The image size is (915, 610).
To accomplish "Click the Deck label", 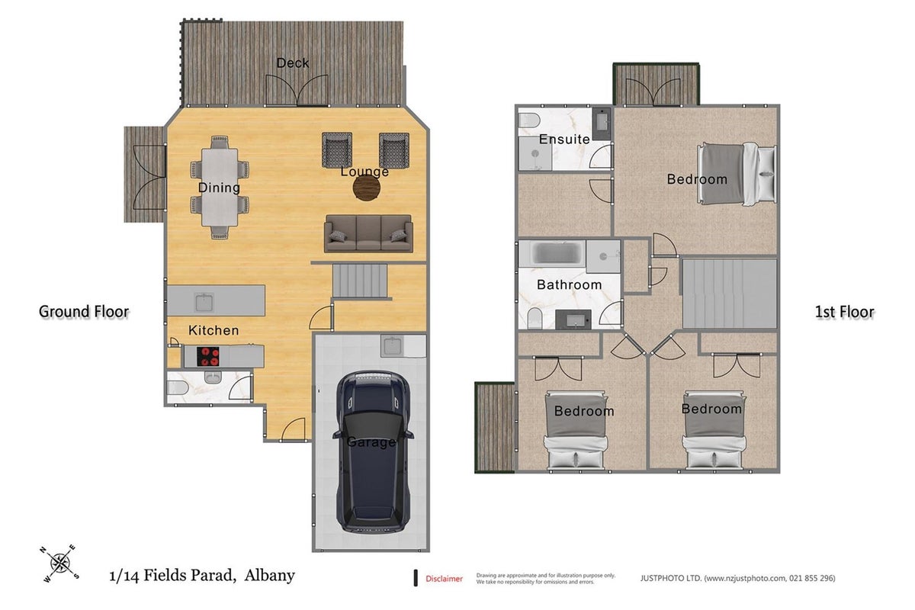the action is (x=293, y=63).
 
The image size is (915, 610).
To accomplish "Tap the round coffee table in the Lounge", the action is (x=367, y=188).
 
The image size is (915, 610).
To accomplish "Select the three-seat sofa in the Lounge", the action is (x=368, y=233).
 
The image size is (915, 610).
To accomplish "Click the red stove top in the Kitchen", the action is (x=208, y=356).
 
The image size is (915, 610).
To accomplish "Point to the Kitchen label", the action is (x=213, y=330).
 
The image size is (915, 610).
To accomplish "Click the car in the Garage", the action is (x=373, y=452).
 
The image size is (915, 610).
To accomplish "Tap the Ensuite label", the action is (x=564, y=140).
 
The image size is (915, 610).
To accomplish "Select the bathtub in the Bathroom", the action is (x=551, y=253).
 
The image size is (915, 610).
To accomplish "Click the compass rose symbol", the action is (x=59, y=563).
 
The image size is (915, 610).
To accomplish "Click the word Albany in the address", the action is (x=269, y=575).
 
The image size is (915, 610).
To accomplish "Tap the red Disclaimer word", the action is (x=444, y=579).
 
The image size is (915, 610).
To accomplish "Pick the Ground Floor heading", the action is (x=84, y=312).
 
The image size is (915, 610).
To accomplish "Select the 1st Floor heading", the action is (x=844, y=312).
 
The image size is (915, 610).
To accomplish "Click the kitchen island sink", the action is (x=204, y=302).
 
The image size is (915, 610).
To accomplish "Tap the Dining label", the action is (x=219, y=188).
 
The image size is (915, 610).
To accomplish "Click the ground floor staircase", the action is (x=360, y=281).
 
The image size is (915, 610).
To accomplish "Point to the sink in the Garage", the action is (x=392, y=346).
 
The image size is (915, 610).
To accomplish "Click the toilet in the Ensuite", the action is (x=529, y=120).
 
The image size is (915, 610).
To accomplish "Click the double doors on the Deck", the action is (x=297, y=90).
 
